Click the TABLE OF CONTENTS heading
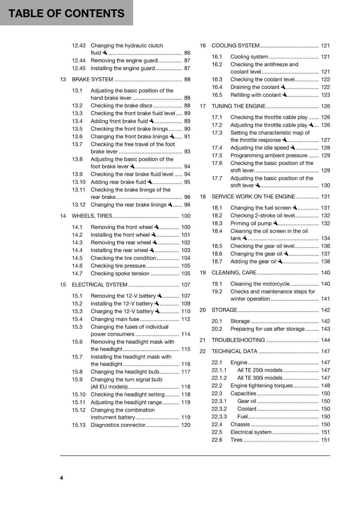[66, 13]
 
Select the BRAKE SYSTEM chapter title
[92, 79]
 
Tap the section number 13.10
[79, 182]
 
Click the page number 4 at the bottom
[61, 478]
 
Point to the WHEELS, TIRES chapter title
[92, 216]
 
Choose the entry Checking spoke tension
[120, 273]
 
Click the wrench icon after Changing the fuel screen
[295, 208]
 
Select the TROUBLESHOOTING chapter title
[238, 340]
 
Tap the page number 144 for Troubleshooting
[325, 340]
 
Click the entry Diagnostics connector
[118, 425]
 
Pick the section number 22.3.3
[219, 417]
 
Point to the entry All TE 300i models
[260, 378]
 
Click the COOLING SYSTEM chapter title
[235, 46]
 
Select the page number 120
[186, 425]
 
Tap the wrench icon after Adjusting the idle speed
[293, 148]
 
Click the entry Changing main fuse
[115, 319]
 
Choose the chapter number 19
[203, 273]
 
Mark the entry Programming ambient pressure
[269, 156]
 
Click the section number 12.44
[79, 61]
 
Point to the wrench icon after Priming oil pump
[276, 223]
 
